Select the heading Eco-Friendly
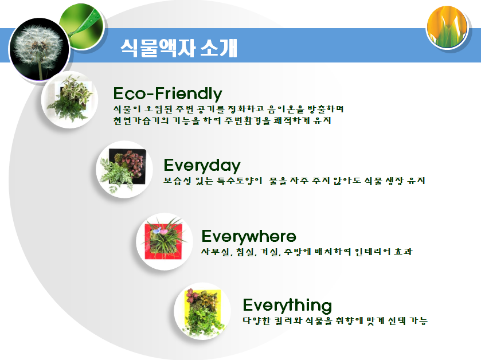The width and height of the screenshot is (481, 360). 167,93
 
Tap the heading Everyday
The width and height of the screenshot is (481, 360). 202,166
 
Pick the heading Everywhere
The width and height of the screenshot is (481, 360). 249,236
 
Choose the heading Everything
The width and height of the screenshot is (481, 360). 287,304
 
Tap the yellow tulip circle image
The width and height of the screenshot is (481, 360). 448,28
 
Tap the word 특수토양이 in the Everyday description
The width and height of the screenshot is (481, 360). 237,181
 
